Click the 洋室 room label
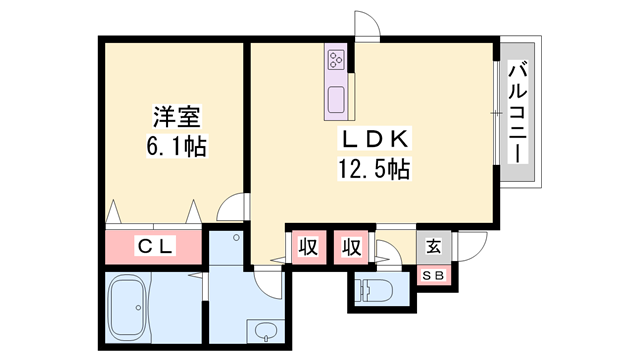tap(177, 116)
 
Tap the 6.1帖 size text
tap(177, 146)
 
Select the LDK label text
tap(374, 139)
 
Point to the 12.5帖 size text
tap(374, 168)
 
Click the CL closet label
tap(155, 246)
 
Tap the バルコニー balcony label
tap(518, 112)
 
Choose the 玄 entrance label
tap(433, 247)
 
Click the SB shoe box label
tap(433, 276)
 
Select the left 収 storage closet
tap(309, 247)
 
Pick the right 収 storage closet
tap(351, 247)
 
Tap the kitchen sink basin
tap(336, 100)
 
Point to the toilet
tap(374, 290)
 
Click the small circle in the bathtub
tap(138, 307)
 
